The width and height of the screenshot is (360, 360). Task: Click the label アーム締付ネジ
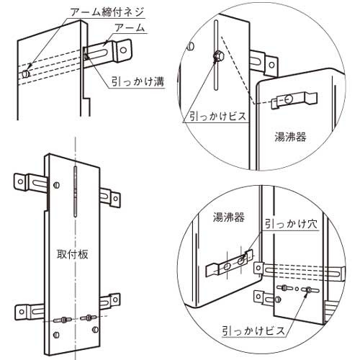click(107, 12)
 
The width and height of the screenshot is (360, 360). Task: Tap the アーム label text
click(130, 28)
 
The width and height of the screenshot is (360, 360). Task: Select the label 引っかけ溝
click(138, 81)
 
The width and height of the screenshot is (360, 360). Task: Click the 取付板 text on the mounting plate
click(72, 254)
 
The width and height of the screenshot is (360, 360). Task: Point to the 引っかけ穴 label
click(291, 224)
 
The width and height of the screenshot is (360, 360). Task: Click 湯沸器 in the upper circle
click(290, 137)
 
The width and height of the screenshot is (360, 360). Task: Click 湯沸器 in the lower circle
click(228, 217)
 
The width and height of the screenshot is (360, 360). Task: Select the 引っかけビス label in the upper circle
click(218, 117)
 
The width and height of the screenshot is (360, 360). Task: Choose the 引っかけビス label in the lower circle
click(253, 330)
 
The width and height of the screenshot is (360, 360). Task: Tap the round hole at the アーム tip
click(123, 50)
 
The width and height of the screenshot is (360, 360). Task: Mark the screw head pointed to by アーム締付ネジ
click(25, 73)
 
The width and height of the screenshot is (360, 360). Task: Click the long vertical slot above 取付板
click(75, 192)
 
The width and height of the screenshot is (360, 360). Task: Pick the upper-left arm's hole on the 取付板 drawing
click(21, 181)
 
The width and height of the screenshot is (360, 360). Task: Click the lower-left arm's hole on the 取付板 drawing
click(22, 312)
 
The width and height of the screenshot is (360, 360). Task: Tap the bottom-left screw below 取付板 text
click(56, 334)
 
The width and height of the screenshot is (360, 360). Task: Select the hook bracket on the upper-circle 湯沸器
click(294, 99)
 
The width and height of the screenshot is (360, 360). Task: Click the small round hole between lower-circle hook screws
click(297, 289)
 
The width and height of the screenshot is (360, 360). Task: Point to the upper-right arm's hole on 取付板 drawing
click(115, 199)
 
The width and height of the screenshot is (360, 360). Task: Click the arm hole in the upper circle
click(271, 64)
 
